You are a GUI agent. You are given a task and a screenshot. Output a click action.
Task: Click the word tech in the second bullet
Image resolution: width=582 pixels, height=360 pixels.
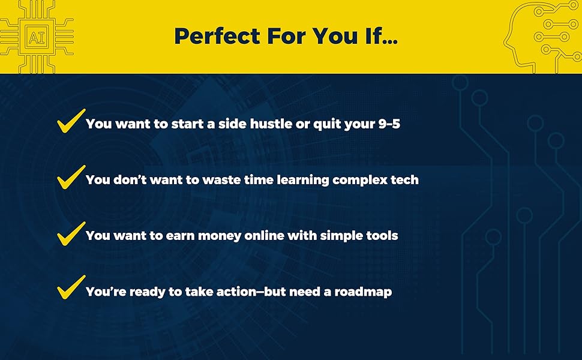(405, 180)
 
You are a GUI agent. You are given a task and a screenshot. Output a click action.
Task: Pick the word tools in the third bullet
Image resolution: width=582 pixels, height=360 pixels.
(380, 236)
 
